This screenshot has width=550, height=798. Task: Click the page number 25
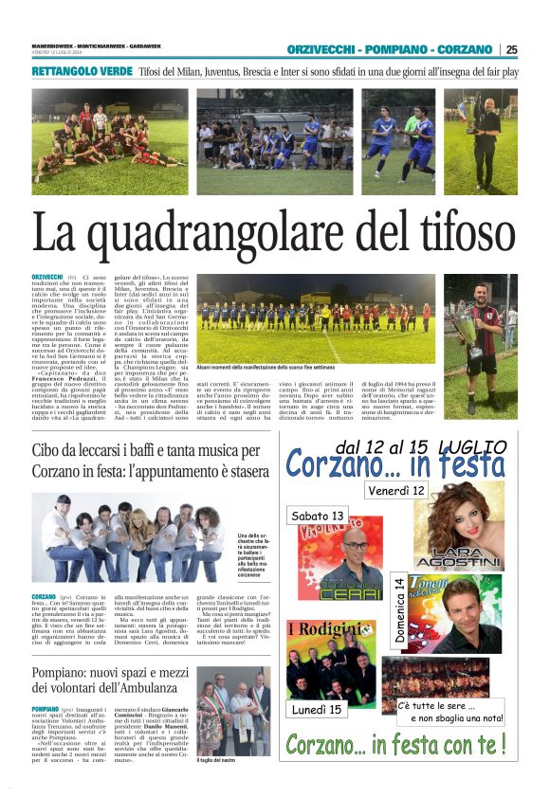pos(512,49)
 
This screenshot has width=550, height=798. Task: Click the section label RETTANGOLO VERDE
pos(80,72)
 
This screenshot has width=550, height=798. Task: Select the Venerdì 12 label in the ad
pos(395,490)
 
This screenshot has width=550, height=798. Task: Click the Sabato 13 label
pos(318,516)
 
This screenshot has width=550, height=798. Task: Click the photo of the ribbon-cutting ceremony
pos(233,710)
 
